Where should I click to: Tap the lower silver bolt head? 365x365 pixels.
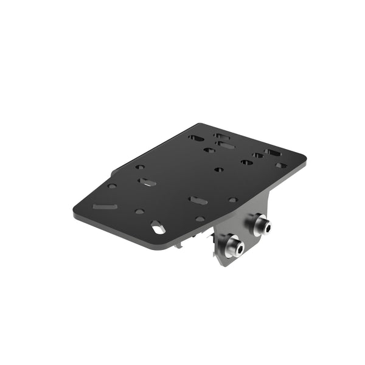pos(234,246)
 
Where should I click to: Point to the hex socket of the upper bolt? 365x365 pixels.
pos(266,228)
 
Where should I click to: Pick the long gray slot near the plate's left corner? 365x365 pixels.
pos(105,206)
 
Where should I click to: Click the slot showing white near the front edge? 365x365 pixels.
pos(157,227)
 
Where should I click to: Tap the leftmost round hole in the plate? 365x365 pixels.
pos(112,186)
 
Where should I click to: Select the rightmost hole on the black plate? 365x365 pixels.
pos(280,165)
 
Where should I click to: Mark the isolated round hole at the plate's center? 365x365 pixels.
pos(219,170)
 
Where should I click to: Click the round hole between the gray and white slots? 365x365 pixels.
pos(140,212)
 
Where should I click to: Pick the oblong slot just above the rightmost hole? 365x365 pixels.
pos(272,152)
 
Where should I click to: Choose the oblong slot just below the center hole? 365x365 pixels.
pos(196,200)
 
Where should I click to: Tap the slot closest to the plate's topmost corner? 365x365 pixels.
pos(221,136)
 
